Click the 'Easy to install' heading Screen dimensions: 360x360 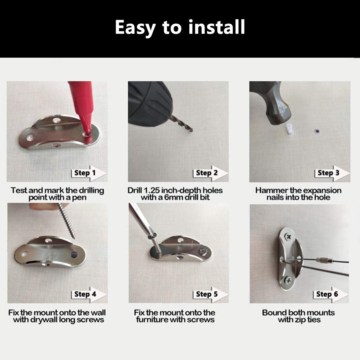point(180,28)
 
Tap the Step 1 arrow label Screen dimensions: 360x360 point(89,173)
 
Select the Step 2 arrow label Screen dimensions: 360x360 point(211,173)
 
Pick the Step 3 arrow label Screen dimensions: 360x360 point(332,173)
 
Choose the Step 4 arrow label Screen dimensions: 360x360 point(89,295)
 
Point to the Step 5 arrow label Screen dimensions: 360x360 point(211,295)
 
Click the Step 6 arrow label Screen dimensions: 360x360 point(331,295)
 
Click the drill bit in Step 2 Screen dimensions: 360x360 point(182,124)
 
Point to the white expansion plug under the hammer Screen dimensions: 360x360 point(289,129)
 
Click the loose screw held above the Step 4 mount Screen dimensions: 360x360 point(67,221)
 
